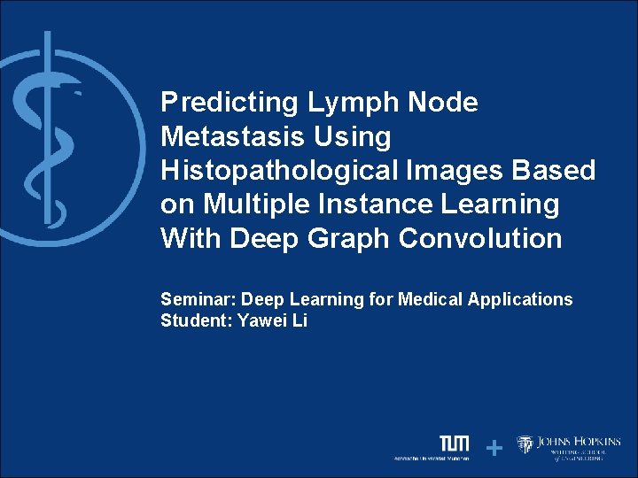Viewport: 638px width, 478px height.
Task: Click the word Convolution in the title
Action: [480, 239]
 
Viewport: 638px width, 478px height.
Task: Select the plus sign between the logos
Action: [494, 449]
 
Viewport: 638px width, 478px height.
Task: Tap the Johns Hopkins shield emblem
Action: [525, 444]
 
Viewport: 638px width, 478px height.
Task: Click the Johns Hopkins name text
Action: [579, 442]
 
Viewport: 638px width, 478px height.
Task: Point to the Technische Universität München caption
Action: [432, 459]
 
